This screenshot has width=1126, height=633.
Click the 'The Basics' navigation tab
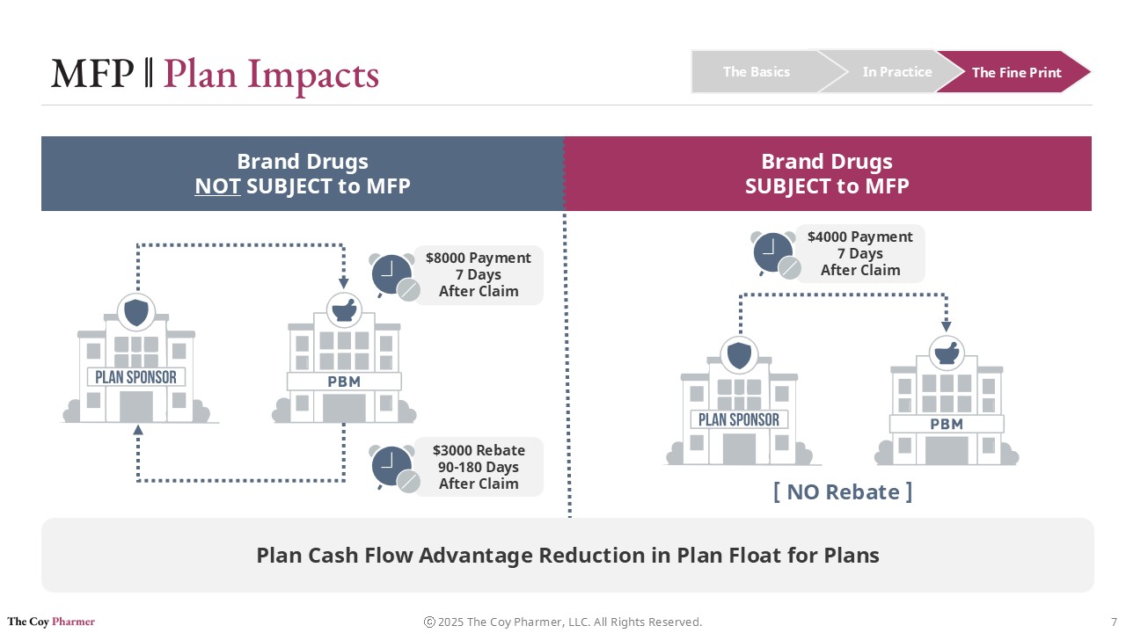756,72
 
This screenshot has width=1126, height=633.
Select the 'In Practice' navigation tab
896,72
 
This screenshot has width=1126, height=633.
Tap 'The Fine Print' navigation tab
1016,73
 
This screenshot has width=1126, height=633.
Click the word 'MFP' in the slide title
92,74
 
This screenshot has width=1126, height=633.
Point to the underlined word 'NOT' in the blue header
217,186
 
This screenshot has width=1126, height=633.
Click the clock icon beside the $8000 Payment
392,274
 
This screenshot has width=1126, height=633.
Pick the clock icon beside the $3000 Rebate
392,467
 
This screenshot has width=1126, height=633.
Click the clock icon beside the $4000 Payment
774,253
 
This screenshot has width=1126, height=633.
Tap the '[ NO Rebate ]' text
843,491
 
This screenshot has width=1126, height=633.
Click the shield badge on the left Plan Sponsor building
136,311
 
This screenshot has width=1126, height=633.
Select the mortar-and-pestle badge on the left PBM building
344,310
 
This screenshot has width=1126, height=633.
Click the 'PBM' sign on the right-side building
947,424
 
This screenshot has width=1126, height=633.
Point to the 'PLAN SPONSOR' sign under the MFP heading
739,419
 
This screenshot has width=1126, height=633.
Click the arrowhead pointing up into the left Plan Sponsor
137,430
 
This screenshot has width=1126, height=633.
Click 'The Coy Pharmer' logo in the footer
51,622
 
